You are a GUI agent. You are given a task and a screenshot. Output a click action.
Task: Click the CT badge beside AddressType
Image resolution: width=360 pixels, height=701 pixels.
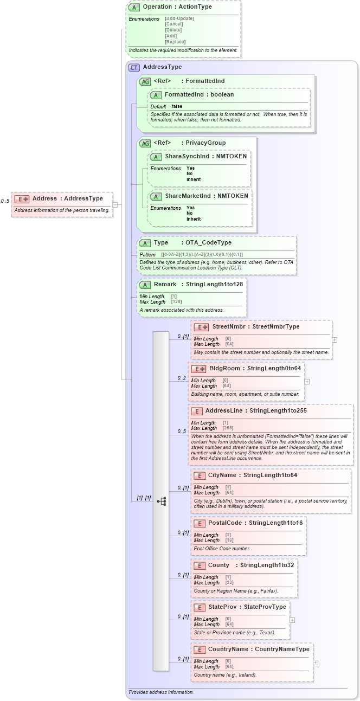coord(133,67)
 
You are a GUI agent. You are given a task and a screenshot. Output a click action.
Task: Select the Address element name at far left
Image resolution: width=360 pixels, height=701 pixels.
coord(44,198)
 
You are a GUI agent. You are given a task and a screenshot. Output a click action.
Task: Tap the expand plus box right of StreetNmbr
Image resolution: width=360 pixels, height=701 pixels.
coord(335,340)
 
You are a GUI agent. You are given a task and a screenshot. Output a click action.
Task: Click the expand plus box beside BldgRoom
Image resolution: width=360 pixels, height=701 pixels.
coord(307,381)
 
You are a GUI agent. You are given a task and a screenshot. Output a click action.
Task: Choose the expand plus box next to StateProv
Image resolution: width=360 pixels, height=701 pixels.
coord(293,620)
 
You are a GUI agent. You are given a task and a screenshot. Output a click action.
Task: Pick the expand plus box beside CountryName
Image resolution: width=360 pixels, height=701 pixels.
coord(316,662)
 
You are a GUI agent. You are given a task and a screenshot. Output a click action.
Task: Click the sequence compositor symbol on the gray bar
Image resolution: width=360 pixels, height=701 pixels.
coord(161,501)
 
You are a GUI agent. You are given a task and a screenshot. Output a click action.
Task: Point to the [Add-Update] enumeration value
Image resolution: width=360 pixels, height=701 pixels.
coord(179,18)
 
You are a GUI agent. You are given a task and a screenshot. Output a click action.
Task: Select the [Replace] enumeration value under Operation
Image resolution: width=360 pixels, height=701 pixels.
coord(175,42)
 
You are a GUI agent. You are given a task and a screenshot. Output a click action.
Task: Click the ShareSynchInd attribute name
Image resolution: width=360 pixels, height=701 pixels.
coord(187,156)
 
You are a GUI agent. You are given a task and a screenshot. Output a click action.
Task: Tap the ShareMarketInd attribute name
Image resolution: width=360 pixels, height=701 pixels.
coord(188,196)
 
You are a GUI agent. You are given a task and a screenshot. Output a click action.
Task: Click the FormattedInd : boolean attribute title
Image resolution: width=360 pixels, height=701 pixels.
coord(199,94)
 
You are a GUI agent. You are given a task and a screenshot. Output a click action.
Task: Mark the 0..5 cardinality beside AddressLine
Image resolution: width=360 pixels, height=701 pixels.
coord(182,432)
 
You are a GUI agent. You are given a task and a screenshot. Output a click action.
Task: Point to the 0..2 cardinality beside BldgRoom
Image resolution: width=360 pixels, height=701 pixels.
coord(182,378)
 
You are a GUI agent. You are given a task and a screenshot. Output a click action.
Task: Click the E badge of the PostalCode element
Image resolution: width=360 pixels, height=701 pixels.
coord(200,523)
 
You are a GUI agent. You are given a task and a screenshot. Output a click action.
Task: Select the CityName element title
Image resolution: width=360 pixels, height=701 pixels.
coord(223,475)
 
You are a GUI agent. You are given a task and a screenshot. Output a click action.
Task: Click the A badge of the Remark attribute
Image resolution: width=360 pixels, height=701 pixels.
coord(145,285)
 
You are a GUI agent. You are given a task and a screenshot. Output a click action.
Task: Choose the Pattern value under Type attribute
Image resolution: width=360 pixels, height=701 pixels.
coord(202,255)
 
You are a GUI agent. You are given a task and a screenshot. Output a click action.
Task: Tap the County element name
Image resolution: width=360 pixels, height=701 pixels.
coord(218,565)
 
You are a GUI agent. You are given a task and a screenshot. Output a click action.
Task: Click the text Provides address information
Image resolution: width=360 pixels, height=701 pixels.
coord(161,692)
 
